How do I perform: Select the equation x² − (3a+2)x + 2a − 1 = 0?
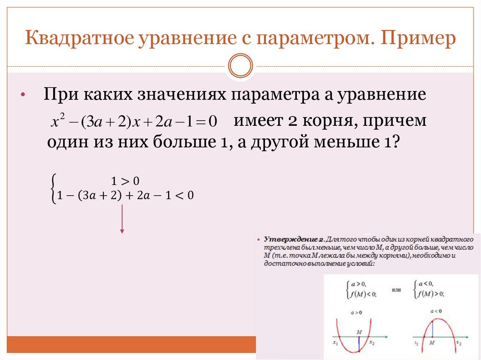pos(133,122)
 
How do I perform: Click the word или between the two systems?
pos(397,291)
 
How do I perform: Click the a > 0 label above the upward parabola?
pos(359,312)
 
